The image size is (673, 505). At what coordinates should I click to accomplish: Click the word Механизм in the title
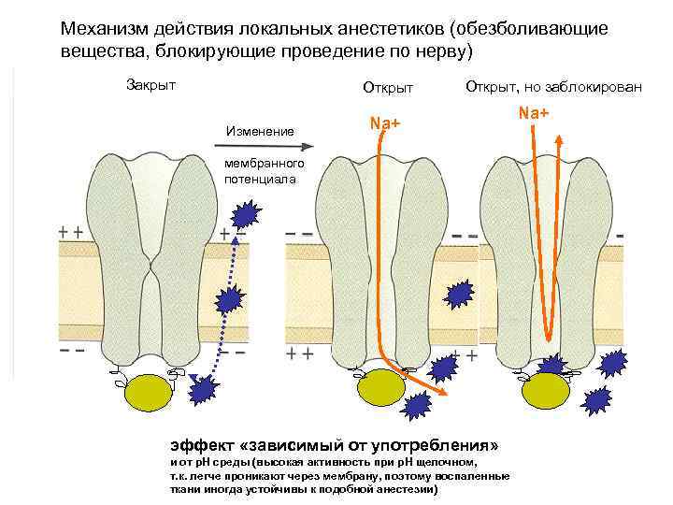point(105,29)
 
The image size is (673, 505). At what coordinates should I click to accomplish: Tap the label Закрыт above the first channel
point(150,85)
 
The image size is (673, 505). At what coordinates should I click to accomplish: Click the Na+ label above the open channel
point(385,122)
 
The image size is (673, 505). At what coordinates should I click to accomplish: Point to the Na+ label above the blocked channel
point(534,113)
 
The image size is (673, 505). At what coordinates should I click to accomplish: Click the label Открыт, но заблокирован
point(552,87)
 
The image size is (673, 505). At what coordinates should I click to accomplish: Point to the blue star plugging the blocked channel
point(550,368)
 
